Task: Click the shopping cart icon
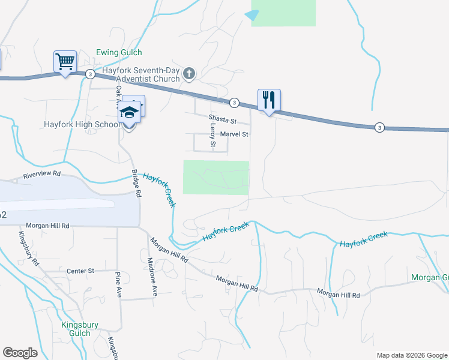(65, 61)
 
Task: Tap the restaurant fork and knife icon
(268, 100)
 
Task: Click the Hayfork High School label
(82, 125)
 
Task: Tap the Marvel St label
(234, 134)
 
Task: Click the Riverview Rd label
(42, 175)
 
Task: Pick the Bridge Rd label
(136, 184)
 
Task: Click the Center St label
(81, 271)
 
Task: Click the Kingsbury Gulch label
(76, 329)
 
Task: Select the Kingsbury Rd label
(28, 249)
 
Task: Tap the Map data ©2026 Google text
(412, 355)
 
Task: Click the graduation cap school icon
(129, 112)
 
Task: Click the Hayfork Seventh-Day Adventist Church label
(141, 74)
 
